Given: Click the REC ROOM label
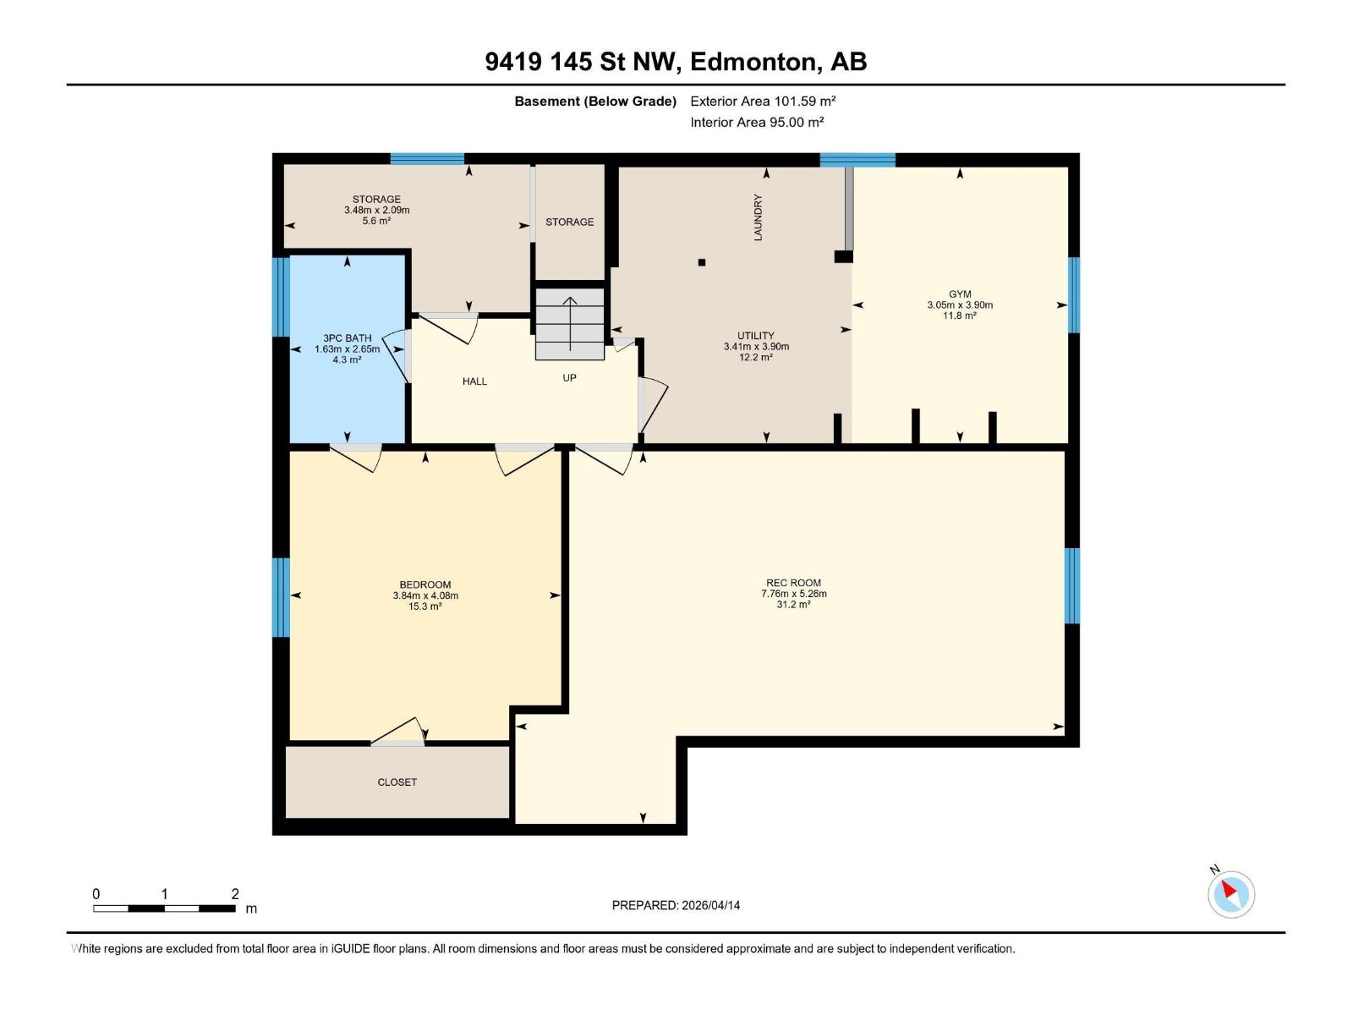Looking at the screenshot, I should coord(793,583).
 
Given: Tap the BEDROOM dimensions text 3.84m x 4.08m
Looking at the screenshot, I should coord(425,595).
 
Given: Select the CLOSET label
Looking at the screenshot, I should coord(397,782).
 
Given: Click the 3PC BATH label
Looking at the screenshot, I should coord(347,338).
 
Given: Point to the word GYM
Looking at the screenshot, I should coord(960,294).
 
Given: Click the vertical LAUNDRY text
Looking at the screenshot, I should coord(758,217).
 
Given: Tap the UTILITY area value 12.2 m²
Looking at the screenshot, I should coord(755,358).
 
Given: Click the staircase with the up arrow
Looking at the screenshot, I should coord(570,324).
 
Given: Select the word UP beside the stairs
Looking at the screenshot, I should coord(569,378).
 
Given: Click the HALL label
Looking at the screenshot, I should coord(474,381).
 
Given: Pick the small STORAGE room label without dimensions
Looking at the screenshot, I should coord(569,222).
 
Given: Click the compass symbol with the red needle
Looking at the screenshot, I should coord(1230,894).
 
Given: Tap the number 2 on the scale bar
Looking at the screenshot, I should coord(235,894).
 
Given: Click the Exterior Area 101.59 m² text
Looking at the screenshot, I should coord(763,101).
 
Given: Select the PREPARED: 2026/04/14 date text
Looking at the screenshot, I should coord(676,905).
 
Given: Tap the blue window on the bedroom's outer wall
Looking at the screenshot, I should coord(281,597).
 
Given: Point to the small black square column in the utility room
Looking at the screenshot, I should coord(702,262).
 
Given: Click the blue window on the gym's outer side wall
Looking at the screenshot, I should coord(1073,295).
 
